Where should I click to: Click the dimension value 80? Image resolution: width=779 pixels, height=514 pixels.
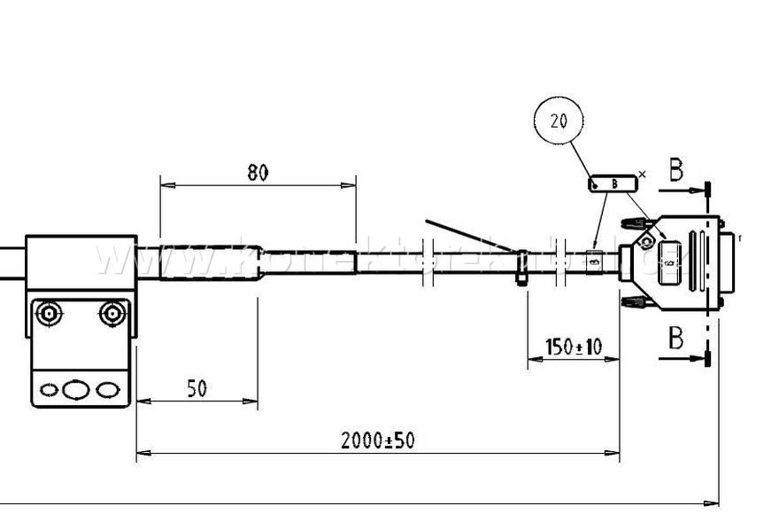pyautogui.click(x=258, y=173)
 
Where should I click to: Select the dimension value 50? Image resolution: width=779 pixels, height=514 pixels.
pyautogui.click(x=197, y=388)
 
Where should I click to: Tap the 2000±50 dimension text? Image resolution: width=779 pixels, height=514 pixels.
pyautogui.click(x=378, y=440)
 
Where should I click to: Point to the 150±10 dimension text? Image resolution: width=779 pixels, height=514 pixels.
pyautogui.click(x=573, y=347)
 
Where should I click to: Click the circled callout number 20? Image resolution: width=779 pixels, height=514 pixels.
pyautogui.click(x=559, y=122)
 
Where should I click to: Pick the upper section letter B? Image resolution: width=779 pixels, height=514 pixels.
pyautogui.click(x=675, y=170)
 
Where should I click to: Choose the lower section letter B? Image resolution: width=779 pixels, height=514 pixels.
pyautogui.click(x=675, y=338)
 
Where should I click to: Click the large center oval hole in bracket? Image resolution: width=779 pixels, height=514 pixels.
pyautogui.click(x=77, y=389)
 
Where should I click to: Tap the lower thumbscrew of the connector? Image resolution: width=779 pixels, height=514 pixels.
pyautogui.click(x=632, y=303)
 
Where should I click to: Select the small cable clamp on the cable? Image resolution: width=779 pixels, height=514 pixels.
pyautogui.click(x=521, y=267)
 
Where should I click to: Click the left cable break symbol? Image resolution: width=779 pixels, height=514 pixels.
pyautogui.click(x=426, y=262)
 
